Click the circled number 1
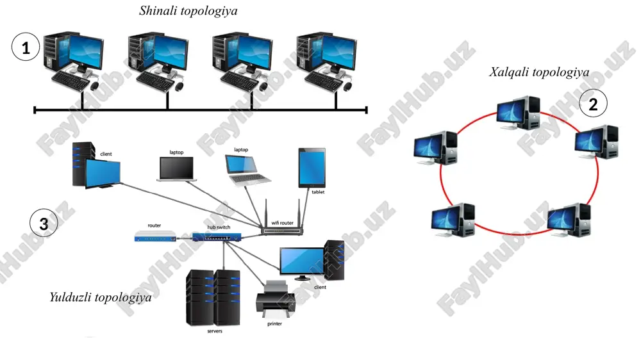click(x=26, y=47)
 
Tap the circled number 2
click(x=593, y=103)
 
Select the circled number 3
click(x=44, y=223)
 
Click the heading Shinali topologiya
click(x=188, y=11)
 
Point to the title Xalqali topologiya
click(x=539, y=73)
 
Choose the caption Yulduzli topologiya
click(x=101, y=297)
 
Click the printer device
click(x=275, y=299)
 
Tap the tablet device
click(x=312, y=168)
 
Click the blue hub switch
click(x=217, y=236)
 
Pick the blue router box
click(x=155, y=236)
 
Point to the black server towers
click(x=213, y=297)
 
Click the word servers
click(x=215, y=331)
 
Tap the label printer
click(x=275, y=323)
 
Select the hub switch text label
click(x=219, y=227)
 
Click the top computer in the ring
click(x=519, y=113)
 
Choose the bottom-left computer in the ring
click(x=453, y=220)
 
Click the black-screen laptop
click(x=177, y=168)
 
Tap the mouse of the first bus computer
click(x=94, y=86)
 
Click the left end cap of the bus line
click(x=35, y=110)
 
